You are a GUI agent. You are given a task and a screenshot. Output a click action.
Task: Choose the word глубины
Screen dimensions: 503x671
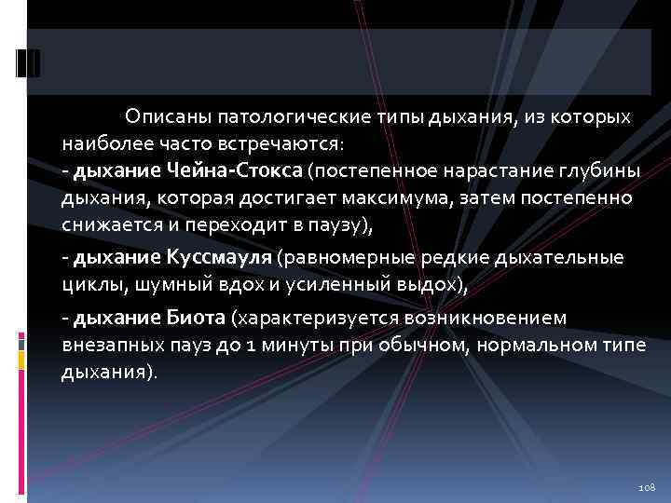point(590,171)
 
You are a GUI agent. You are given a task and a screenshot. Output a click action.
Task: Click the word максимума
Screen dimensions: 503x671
point(407,198)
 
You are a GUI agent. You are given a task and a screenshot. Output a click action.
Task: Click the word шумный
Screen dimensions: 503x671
point(169,284)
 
